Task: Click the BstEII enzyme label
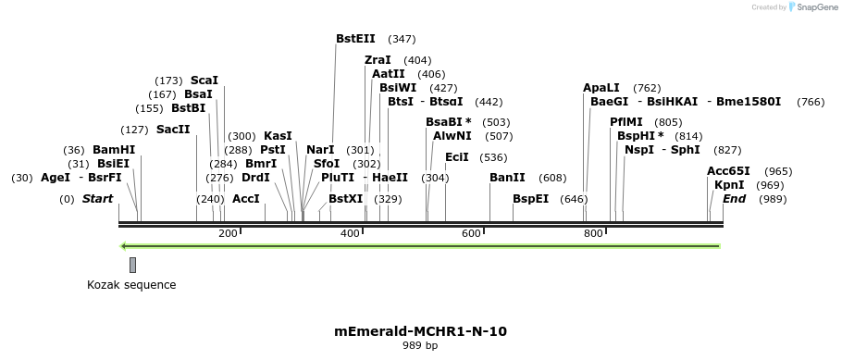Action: click(x=355, y=39)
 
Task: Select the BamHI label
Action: click(x=114, y=150)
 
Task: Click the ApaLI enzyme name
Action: click(x=601, y=88)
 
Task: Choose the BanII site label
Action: click(x=507, y=178)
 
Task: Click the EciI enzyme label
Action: click(x=457, y=157)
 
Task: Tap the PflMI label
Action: click(x=626, y=122)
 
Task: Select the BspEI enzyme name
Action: click(x=531, y=199)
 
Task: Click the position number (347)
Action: click(x=402, y=39)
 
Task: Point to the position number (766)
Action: click(x=811, y=102)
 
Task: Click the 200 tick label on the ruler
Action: click(x=228, y=233)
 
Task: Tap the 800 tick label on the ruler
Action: click(x=593, y=233)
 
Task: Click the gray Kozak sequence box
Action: click(x=132, y=265)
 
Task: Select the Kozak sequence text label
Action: click(x=131, y=285)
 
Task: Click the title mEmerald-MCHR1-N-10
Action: click(x=420, y=331)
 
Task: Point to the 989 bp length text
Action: click(x=420, y=346)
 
